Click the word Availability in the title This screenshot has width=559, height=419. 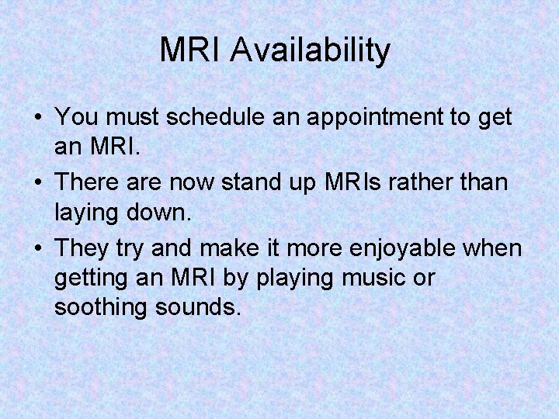311,51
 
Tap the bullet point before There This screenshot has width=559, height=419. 37,182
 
